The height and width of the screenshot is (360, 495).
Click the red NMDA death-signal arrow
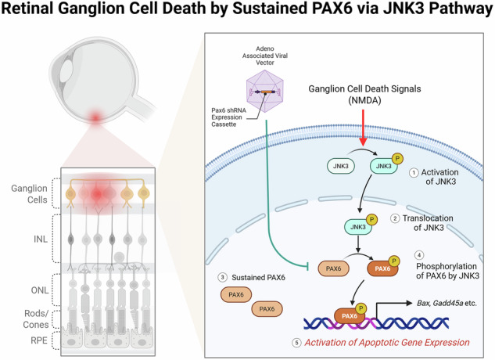(363, 128)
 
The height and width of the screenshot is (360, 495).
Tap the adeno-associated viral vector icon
(265, 92)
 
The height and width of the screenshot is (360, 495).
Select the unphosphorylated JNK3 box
(341, 166)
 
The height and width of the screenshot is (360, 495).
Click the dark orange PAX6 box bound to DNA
(350, 315)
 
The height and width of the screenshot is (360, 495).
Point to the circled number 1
(414, 173)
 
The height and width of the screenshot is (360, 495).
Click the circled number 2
(395, 218)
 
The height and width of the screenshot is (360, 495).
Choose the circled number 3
(223, 278)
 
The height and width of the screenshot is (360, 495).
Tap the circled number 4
(419, 255)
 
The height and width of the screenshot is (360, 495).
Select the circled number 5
(296, 343)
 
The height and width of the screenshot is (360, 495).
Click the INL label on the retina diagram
(41, 239)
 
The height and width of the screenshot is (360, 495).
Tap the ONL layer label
(40, 290)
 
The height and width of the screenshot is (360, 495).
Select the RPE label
(39, 340)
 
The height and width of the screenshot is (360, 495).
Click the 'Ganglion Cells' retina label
(29, 194)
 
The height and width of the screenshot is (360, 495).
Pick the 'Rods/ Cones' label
(36, 319)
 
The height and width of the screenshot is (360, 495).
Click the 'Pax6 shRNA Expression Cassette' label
(228, 117)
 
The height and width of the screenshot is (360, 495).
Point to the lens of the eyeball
(66, 71)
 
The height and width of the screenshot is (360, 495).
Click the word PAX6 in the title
(332, 9)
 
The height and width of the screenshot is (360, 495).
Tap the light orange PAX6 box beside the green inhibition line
(333, 268)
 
